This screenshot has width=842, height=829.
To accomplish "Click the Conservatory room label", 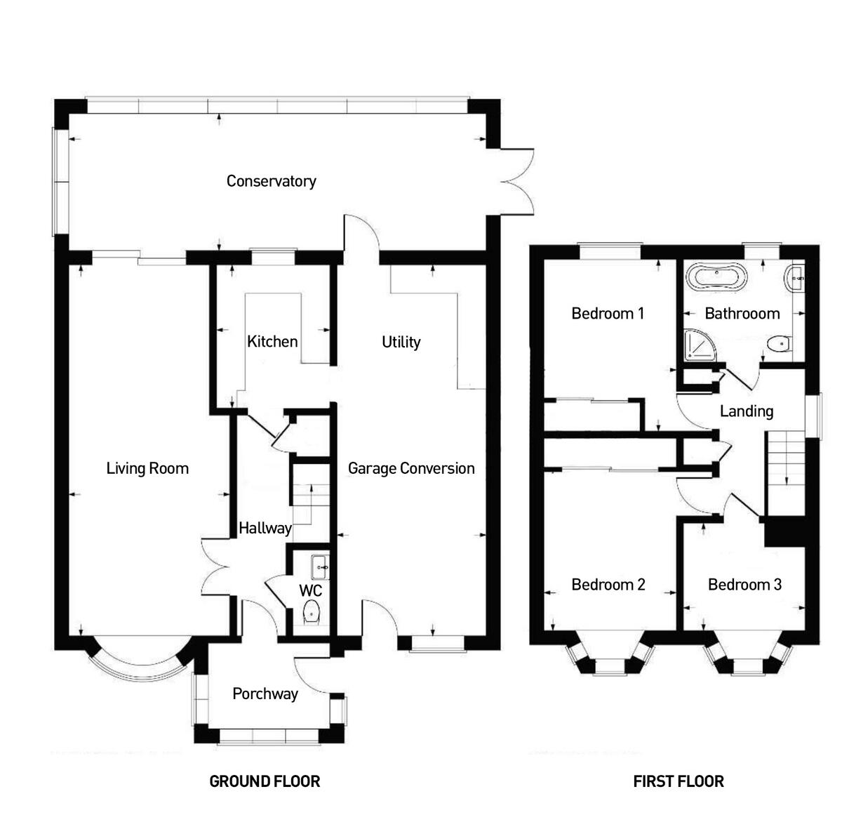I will tap(271, 181).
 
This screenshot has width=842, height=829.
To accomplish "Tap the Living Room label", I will tap(147, 468).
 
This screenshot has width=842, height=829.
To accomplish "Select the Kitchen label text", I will tap(272, 342).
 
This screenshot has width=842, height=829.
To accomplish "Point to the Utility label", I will tap(401, 342).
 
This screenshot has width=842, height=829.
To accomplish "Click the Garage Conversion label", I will tap(411, 468).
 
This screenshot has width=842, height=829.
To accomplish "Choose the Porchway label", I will tap(265, 694).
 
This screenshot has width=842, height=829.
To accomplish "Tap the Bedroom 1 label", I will tap(608, 313).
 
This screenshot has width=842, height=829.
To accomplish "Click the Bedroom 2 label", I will tap(608, 585).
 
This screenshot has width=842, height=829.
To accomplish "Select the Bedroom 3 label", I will tap(744, 585).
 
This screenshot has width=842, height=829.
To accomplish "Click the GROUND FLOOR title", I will tap(265, 781).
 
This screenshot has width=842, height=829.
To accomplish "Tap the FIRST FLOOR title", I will tap(679, 781).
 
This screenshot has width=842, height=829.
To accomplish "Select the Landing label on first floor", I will tap(747, 411).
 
